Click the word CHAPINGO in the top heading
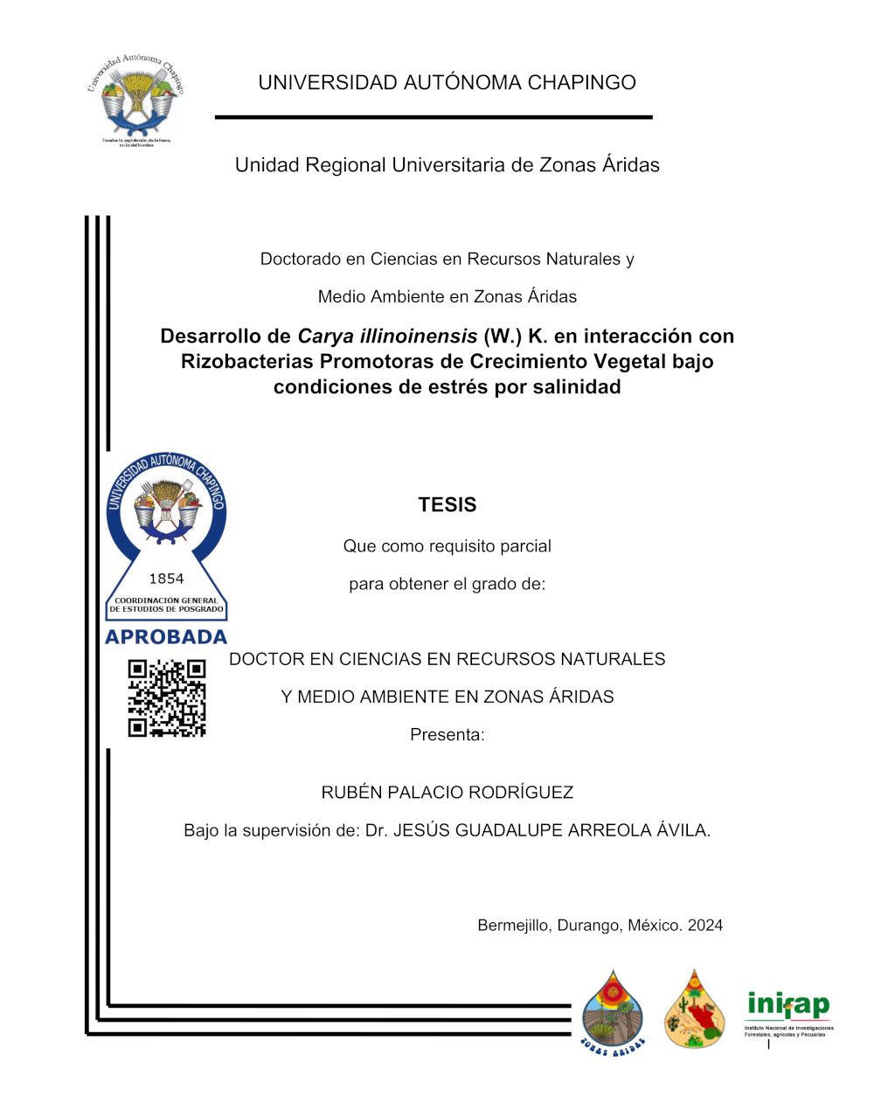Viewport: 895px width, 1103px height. (582, 83)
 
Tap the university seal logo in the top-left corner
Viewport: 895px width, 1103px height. (135, 98)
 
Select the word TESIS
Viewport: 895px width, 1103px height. (447, 505)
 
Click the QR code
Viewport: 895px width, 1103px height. (167, 698)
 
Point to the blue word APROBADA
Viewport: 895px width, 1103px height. (166, 637)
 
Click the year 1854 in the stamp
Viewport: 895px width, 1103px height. (166, 579)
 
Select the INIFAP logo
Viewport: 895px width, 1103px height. (788, 1013)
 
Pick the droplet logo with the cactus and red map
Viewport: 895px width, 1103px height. (694, 1009)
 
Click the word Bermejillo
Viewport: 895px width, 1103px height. (512, 926)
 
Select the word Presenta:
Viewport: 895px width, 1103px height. (447, 735)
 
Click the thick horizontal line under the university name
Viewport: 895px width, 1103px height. (434, 117)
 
